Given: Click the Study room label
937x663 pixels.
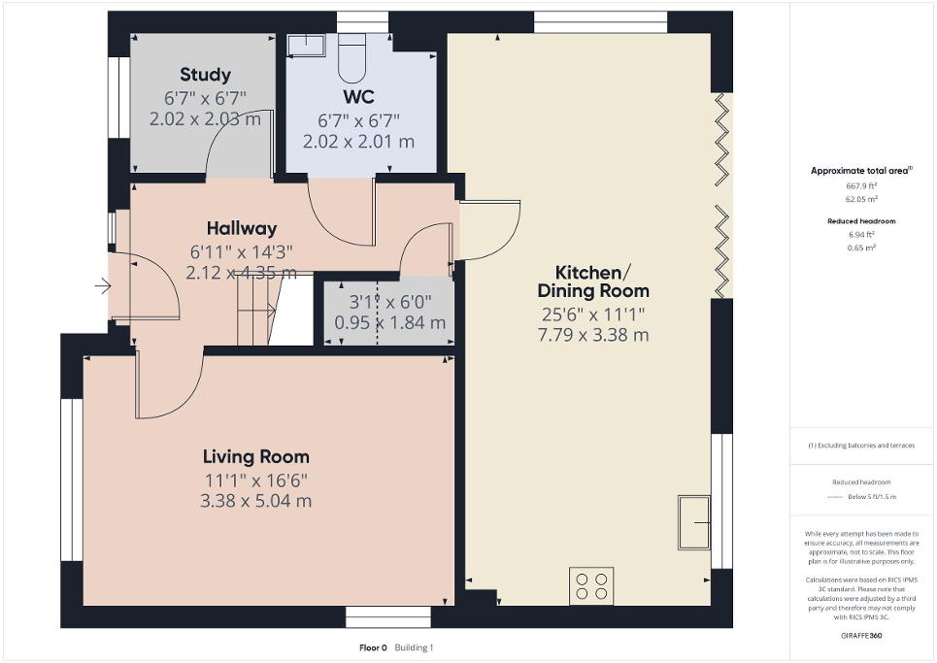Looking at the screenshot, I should point(205,75).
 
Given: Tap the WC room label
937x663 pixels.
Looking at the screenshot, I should point(358,97).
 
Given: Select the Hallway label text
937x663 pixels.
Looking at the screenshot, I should point(233,229).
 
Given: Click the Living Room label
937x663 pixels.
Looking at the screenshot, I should point(256,456).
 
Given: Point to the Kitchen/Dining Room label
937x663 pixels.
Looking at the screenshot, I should point(594,281).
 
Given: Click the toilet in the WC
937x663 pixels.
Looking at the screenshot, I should point(351,58).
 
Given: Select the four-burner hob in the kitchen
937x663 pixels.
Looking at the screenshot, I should point(592,584).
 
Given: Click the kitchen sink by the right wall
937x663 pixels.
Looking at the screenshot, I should point(692,521).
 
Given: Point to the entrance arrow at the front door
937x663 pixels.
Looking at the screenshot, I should point(102,286).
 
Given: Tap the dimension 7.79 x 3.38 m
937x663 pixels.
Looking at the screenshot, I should point(594,336).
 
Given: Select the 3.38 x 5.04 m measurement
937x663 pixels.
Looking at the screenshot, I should point(256,501).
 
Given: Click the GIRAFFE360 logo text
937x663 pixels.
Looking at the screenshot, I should point(863,633).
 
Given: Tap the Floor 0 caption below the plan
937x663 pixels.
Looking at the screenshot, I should point(373,647).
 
